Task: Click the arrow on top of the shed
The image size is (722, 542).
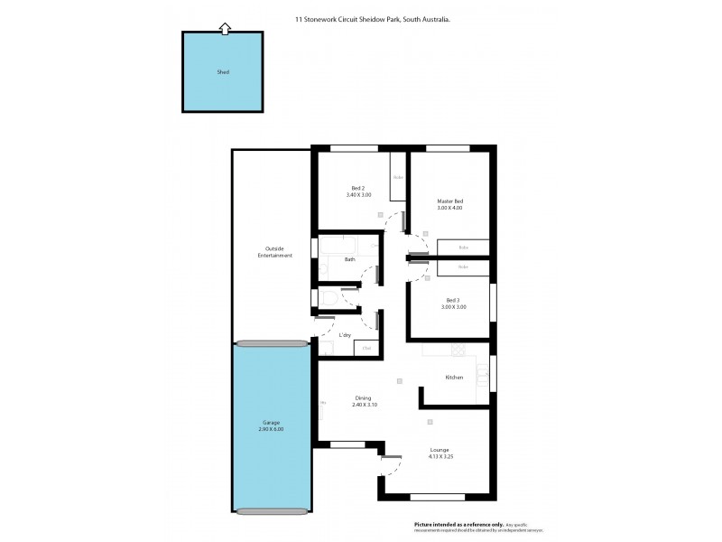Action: click(224, 29)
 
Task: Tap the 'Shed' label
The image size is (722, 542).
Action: click(223, 72)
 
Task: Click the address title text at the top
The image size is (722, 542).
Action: click(373, 17)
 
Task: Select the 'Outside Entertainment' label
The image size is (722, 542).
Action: click(274, 252)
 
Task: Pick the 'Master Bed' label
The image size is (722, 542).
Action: click(449, 201)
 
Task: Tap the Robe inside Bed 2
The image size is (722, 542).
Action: click(397, 176)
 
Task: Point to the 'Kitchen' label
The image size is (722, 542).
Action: click(454, 377)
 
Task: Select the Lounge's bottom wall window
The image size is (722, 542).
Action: click(438, 497)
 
